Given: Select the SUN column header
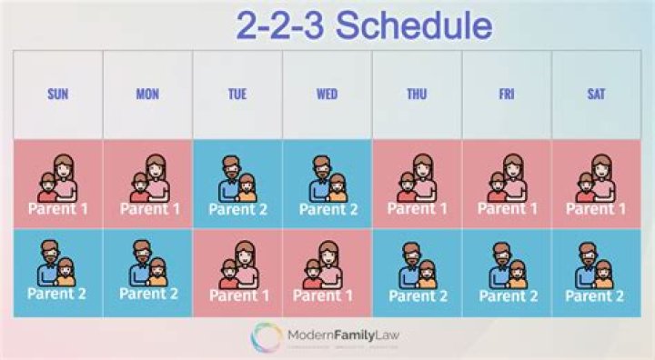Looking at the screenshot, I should click(57, 94).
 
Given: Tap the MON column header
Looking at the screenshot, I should click(147, 94).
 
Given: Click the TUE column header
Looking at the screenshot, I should click(237, 94).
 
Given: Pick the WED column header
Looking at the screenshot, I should click(327, 94).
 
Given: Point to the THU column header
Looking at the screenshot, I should click(416, 94).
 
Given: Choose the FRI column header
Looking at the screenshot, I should click(506, 94).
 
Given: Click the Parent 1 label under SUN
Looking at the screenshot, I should click(58, 208).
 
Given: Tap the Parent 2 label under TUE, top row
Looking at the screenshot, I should click(237, 208).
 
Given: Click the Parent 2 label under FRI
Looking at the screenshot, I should click(506, 295).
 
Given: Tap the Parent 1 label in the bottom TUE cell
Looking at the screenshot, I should click(237, 295).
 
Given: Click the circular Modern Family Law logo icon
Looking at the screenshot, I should click(267, 337).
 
